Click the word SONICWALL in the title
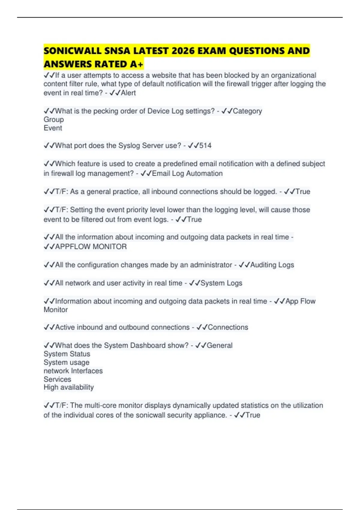[x=73, y=51]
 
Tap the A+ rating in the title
[x=137, y=64]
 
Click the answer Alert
[x=128, y=93]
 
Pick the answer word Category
[x=247, y=111]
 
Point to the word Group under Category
[x=54, y=119]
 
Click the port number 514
[x=205, y=146]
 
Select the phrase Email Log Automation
[x=187, y=173]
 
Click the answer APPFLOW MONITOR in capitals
[x=91, y=247]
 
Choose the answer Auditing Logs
[x=272, y=265]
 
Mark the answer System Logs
[x=221, y=283]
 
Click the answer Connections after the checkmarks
[x=228, y=327]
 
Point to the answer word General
[x=220, y=345]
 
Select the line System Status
[x=67, y=354]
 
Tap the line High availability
[x=69, y=387]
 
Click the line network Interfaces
[x=73, y=371]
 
